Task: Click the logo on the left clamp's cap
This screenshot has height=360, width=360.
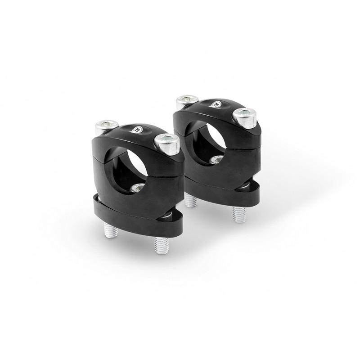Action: (x=136, y=130)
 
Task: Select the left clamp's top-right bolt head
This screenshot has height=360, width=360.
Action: (x=166, y=144)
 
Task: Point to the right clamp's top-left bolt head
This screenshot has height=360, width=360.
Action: (x=187, y=101)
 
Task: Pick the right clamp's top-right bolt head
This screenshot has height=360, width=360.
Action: (x=244, y=117)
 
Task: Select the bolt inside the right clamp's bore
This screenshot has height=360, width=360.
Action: (x=216, y=159)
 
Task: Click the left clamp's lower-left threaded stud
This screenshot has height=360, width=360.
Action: (x=111, y=231)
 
